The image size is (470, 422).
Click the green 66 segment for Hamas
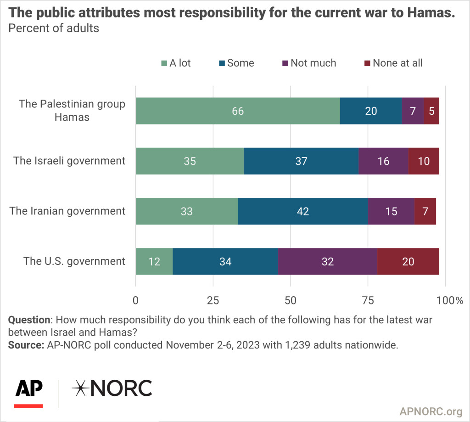point(238,111)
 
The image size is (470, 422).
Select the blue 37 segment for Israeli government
point(301,161)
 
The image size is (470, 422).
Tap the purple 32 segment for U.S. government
point(327,261)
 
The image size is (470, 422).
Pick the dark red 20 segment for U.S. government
point(408,261)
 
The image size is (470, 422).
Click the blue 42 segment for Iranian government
point(302,211)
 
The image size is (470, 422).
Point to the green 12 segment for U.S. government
point(154,261)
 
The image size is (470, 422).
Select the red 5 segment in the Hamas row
point(431,111)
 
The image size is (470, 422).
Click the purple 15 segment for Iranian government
point(391,211)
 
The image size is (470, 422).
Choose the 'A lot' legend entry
point(175,63)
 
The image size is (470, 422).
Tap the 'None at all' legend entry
point(392,63)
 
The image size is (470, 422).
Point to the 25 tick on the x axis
point(213,300)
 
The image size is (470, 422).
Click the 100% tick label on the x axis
point(450,300)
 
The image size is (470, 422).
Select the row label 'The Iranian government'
point(67,211)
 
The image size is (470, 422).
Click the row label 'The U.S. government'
point(74,261)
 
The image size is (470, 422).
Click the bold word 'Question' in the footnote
point(29,319)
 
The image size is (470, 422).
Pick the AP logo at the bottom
point(29,391)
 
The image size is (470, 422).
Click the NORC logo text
point(112,389)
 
